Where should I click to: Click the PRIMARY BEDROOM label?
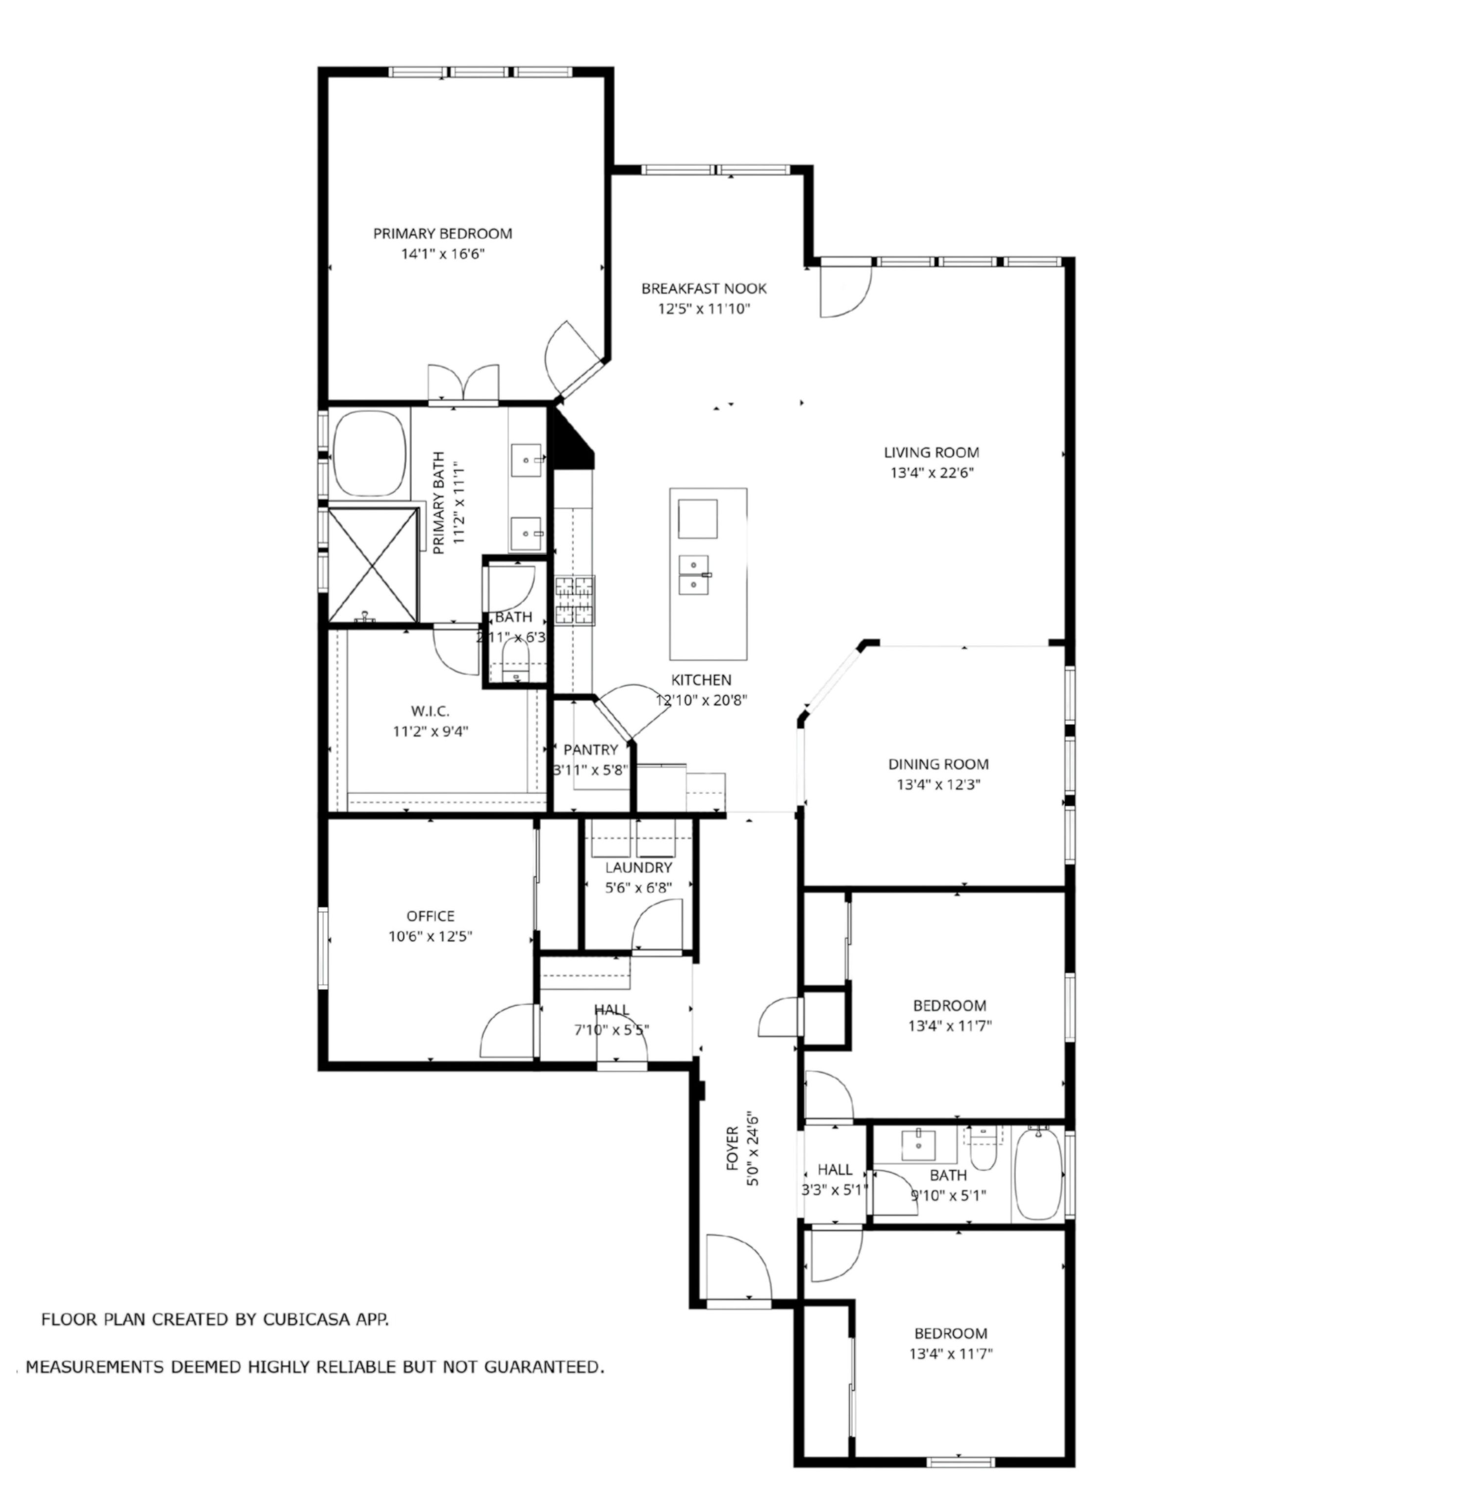pos(443,233)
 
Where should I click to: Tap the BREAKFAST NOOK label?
pos(704,289)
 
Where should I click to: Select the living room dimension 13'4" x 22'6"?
pos(931,473)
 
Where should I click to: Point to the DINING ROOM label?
pos(938,764)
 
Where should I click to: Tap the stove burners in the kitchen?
pos(574,601)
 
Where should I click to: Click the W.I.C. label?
pos(431,711)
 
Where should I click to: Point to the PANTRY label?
pos(590,749)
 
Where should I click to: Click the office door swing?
pos(507,1031)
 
